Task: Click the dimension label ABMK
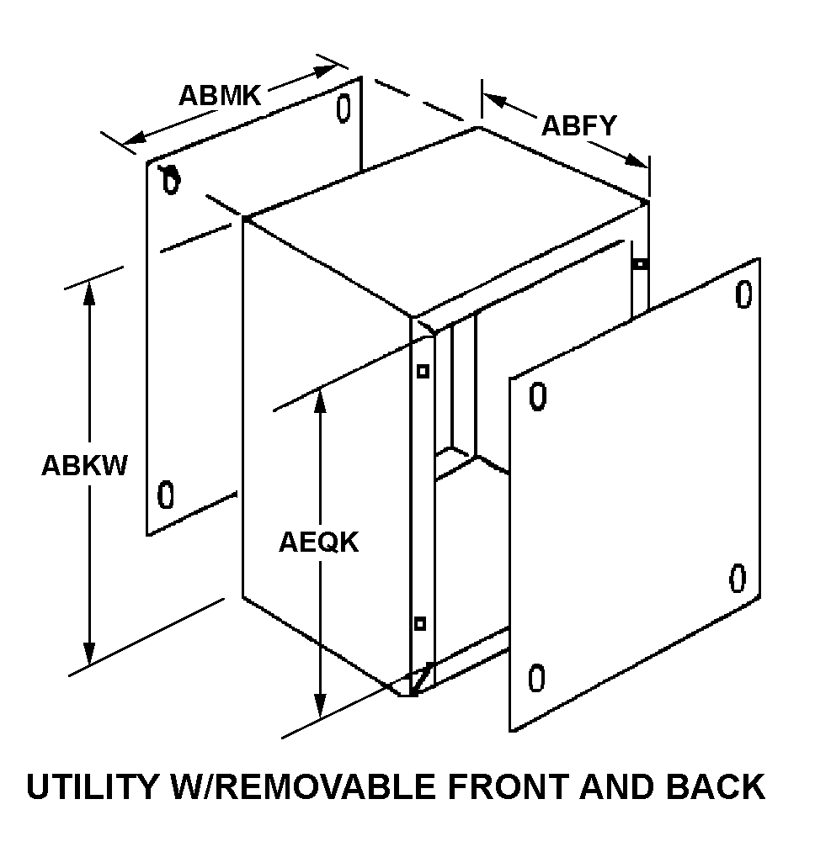pos(220,95)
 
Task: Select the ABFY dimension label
pos(578,125)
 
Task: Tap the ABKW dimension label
pos(84,465)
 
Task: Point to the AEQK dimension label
pos(318,542)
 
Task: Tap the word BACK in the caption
pos(716,787)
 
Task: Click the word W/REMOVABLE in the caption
pos(317,787)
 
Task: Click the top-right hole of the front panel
pos(743,295)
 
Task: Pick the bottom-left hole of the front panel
pos(536,678)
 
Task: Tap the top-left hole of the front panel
pos(538,395)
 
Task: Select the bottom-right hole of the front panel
pos(738,579)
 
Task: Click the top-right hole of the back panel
pos(343,108)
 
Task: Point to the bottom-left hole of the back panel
pos(166,495)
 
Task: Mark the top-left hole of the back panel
pos(171,180)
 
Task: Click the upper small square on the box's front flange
pos(423,371)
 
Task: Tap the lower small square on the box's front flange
pos(419,623)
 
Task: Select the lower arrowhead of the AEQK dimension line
pos(320,706)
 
